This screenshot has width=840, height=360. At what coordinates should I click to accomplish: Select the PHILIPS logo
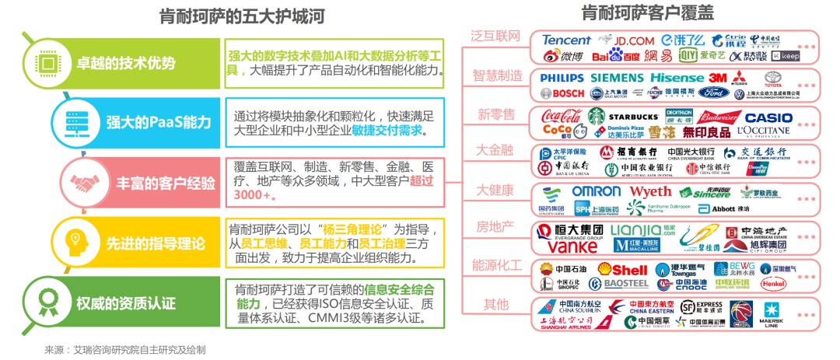click(x=561, y=78)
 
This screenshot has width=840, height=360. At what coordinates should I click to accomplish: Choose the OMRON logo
click(x=597, y=191)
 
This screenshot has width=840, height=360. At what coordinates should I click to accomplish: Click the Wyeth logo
click(x=650, y=191)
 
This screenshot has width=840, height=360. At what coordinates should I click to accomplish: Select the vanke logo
click(x=571, y=246)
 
